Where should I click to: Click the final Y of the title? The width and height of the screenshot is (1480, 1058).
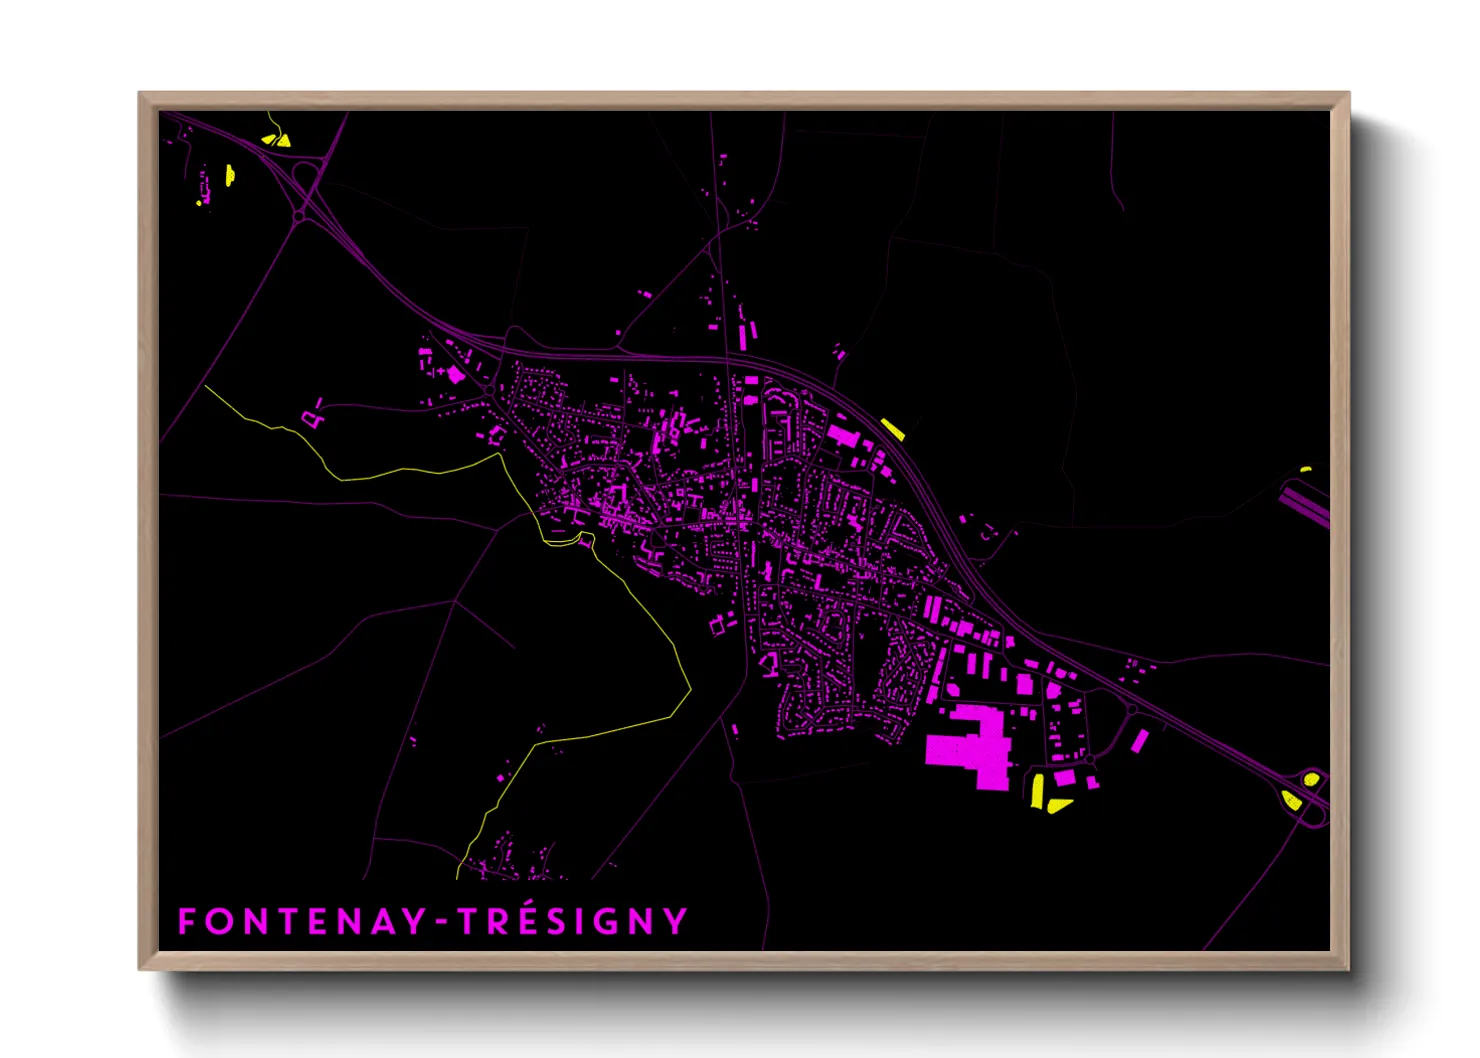tap(676, 921)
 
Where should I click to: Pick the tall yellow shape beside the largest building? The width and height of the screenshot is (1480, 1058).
tap(1037, 790)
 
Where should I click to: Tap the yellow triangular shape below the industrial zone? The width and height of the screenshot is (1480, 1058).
tap(1058, 805)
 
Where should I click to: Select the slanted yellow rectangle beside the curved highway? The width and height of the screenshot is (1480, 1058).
tap(892, 429)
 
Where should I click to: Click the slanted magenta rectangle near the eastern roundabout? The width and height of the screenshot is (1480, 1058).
tap(1139, 741)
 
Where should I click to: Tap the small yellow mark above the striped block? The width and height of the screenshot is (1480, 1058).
tap(1305, 469)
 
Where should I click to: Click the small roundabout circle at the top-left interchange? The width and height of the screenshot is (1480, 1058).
tap(299, 216)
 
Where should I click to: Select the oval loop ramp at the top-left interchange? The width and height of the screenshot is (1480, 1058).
tap(305, 180)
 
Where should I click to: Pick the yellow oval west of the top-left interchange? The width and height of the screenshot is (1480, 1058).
tap(230, 176)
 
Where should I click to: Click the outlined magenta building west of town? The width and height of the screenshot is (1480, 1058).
tap(313, 419)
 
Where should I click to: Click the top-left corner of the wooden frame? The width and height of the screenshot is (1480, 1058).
tap(141, 94)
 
